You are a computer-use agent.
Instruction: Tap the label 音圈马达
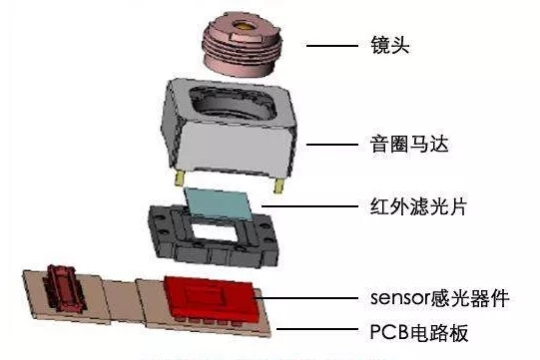click(x=393, y=145)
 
